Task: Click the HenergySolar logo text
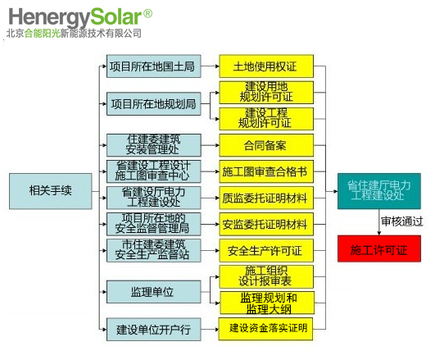pyautogui.click(x=75, y=17)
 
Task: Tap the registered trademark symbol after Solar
pyautogui.click(x=147, y=13)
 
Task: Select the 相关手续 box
pyautogui.click(x=51, y=191)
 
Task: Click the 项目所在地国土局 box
pyautogui.click(x=154, y=66)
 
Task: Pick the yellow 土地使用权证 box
pyautogui.click(x=266, y=66)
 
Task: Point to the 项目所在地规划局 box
pyautogui.click(x=154, y=104)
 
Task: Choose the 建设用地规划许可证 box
pyautogui.click(x=266, y=92)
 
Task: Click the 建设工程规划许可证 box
pyautogui.click(x=266, y=119)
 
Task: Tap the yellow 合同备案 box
pyautogui.click(x=266, y=145)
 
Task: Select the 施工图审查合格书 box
pyautogui.click(x=266, y=171)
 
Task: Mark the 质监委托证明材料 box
pyautogui.click(x=266, y=198)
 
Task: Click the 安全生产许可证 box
pyautogui.click(x=266, y=251)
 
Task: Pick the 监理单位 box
pyautogui.click(x=154, y=292)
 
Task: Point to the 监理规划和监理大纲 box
pyautogui.click(x=267, y=303)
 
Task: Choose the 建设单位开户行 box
pyautogui.click(x=154, y=330)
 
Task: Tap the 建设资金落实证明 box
pyautogui.click(x=265, y=329)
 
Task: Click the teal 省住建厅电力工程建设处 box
pyautogui.click(x=379, y=191)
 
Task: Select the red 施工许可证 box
pyautogui.click(x=379, y=249)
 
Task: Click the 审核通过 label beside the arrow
pyautogui.click(x=402, y=221)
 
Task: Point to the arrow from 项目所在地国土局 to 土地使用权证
pyautogui.click(x=210, y=66)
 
